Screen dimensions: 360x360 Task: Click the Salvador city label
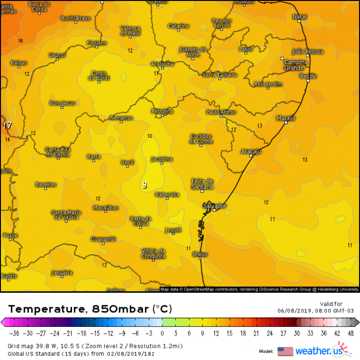tap(215, 205)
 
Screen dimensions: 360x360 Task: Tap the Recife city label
tap(308, 76)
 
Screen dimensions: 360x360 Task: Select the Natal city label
tap(300, 17)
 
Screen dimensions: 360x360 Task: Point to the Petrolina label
tap(162, 111)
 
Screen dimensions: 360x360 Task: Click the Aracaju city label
tap(251, 151)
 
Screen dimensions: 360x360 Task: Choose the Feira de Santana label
tap(202, 183)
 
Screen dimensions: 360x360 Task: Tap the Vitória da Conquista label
tap(154, 253)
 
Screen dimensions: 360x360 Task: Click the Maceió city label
tap(286, 118)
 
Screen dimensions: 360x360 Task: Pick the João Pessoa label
tap(308, 51)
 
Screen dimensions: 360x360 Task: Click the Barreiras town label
tap(46, 184)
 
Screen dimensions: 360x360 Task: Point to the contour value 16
tap(20, 41)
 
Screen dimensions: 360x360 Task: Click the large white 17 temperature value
tap(8, 125)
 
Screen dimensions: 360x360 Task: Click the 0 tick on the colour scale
tap(162, 333)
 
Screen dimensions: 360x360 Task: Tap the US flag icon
tap(285, 351)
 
